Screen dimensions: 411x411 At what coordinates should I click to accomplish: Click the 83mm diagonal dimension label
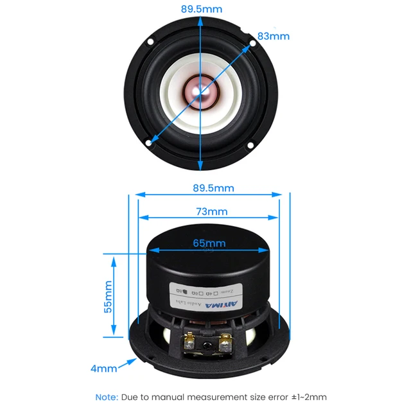pyautogui.click(x=273, y=36)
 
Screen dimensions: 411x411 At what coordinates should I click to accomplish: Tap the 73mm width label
pyautogui.click(x=211, y=211)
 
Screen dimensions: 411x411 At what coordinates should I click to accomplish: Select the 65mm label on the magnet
pyautogui.click(x=209, y=243)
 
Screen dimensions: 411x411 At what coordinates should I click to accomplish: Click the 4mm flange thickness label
pyautogui.click(x=103, y=369)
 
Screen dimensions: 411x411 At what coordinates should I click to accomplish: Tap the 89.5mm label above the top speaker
pyautogui.click(x=202, y=9)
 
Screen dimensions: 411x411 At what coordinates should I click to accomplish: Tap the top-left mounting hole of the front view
pyautogui.click(x=150, y=43)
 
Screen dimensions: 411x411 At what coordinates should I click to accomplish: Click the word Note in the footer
pyautogui.click(x=107, y=397)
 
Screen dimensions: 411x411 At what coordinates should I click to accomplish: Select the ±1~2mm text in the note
pyautogui.click(x=307, y=397)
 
